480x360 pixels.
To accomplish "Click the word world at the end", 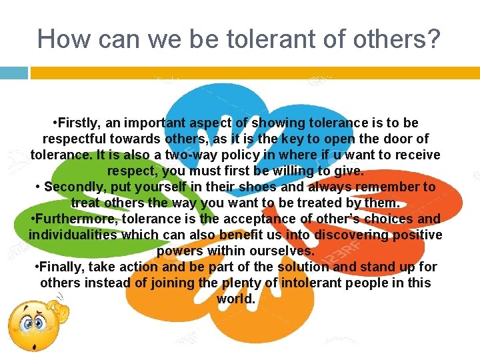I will pyautogui.click(x=235, y=299).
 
